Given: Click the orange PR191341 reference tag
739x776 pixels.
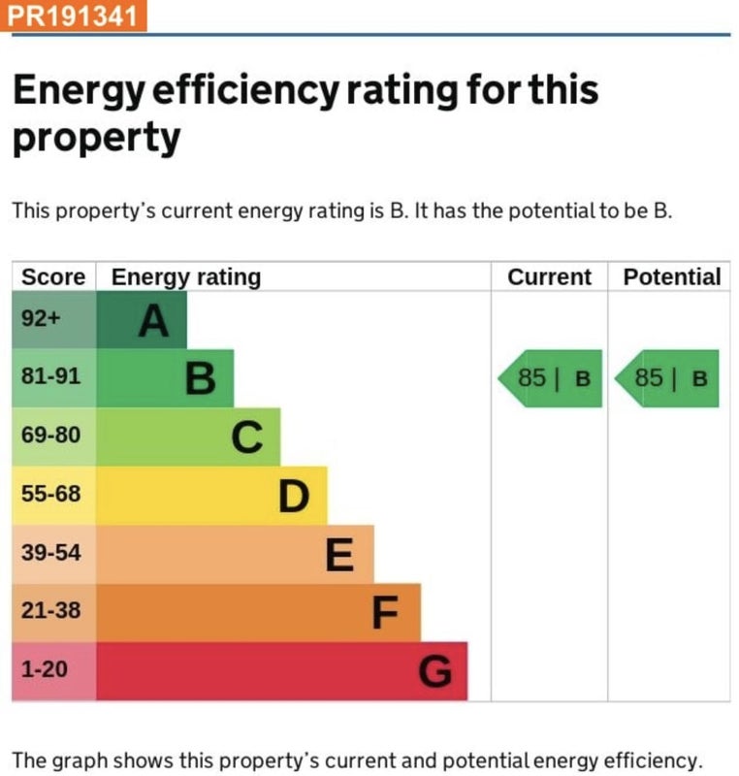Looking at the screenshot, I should (x=75, y=16).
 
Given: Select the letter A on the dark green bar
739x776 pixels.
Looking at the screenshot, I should (x=153, y=321).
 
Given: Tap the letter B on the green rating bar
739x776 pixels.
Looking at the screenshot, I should (x=200, y=379).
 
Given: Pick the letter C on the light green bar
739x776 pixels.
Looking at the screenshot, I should (x=247, y=438).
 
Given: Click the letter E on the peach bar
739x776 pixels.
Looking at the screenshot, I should (x=339, y=556).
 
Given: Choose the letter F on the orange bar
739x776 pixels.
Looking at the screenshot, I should (x=386, y=614).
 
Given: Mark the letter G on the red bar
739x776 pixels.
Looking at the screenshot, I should (x=435, y=671).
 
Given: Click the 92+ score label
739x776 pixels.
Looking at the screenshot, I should (x=42, y=318).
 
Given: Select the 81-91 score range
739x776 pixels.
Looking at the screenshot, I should (x=51, y=376).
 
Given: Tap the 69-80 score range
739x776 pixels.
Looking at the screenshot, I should (x=51, y=435).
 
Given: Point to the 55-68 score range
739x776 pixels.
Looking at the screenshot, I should (x=51, y=494).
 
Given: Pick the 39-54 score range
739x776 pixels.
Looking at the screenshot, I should (x=51, y=553).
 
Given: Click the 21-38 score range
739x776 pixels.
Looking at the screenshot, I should (x=51, y=611).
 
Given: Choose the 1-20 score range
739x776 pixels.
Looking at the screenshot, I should (x=44, y=669).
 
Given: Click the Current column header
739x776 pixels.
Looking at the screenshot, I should (x=549, y=277).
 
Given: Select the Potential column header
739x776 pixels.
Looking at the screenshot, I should (x=672, y=277).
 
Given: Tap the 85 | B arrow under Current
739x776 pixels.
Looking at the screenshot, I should (x=551, y=378).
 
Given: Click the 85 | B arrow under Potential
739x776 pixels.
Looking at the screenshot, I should (x=668, y=378).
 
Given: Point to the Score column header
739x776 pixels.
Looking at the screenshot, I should (x=53, y=277).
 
